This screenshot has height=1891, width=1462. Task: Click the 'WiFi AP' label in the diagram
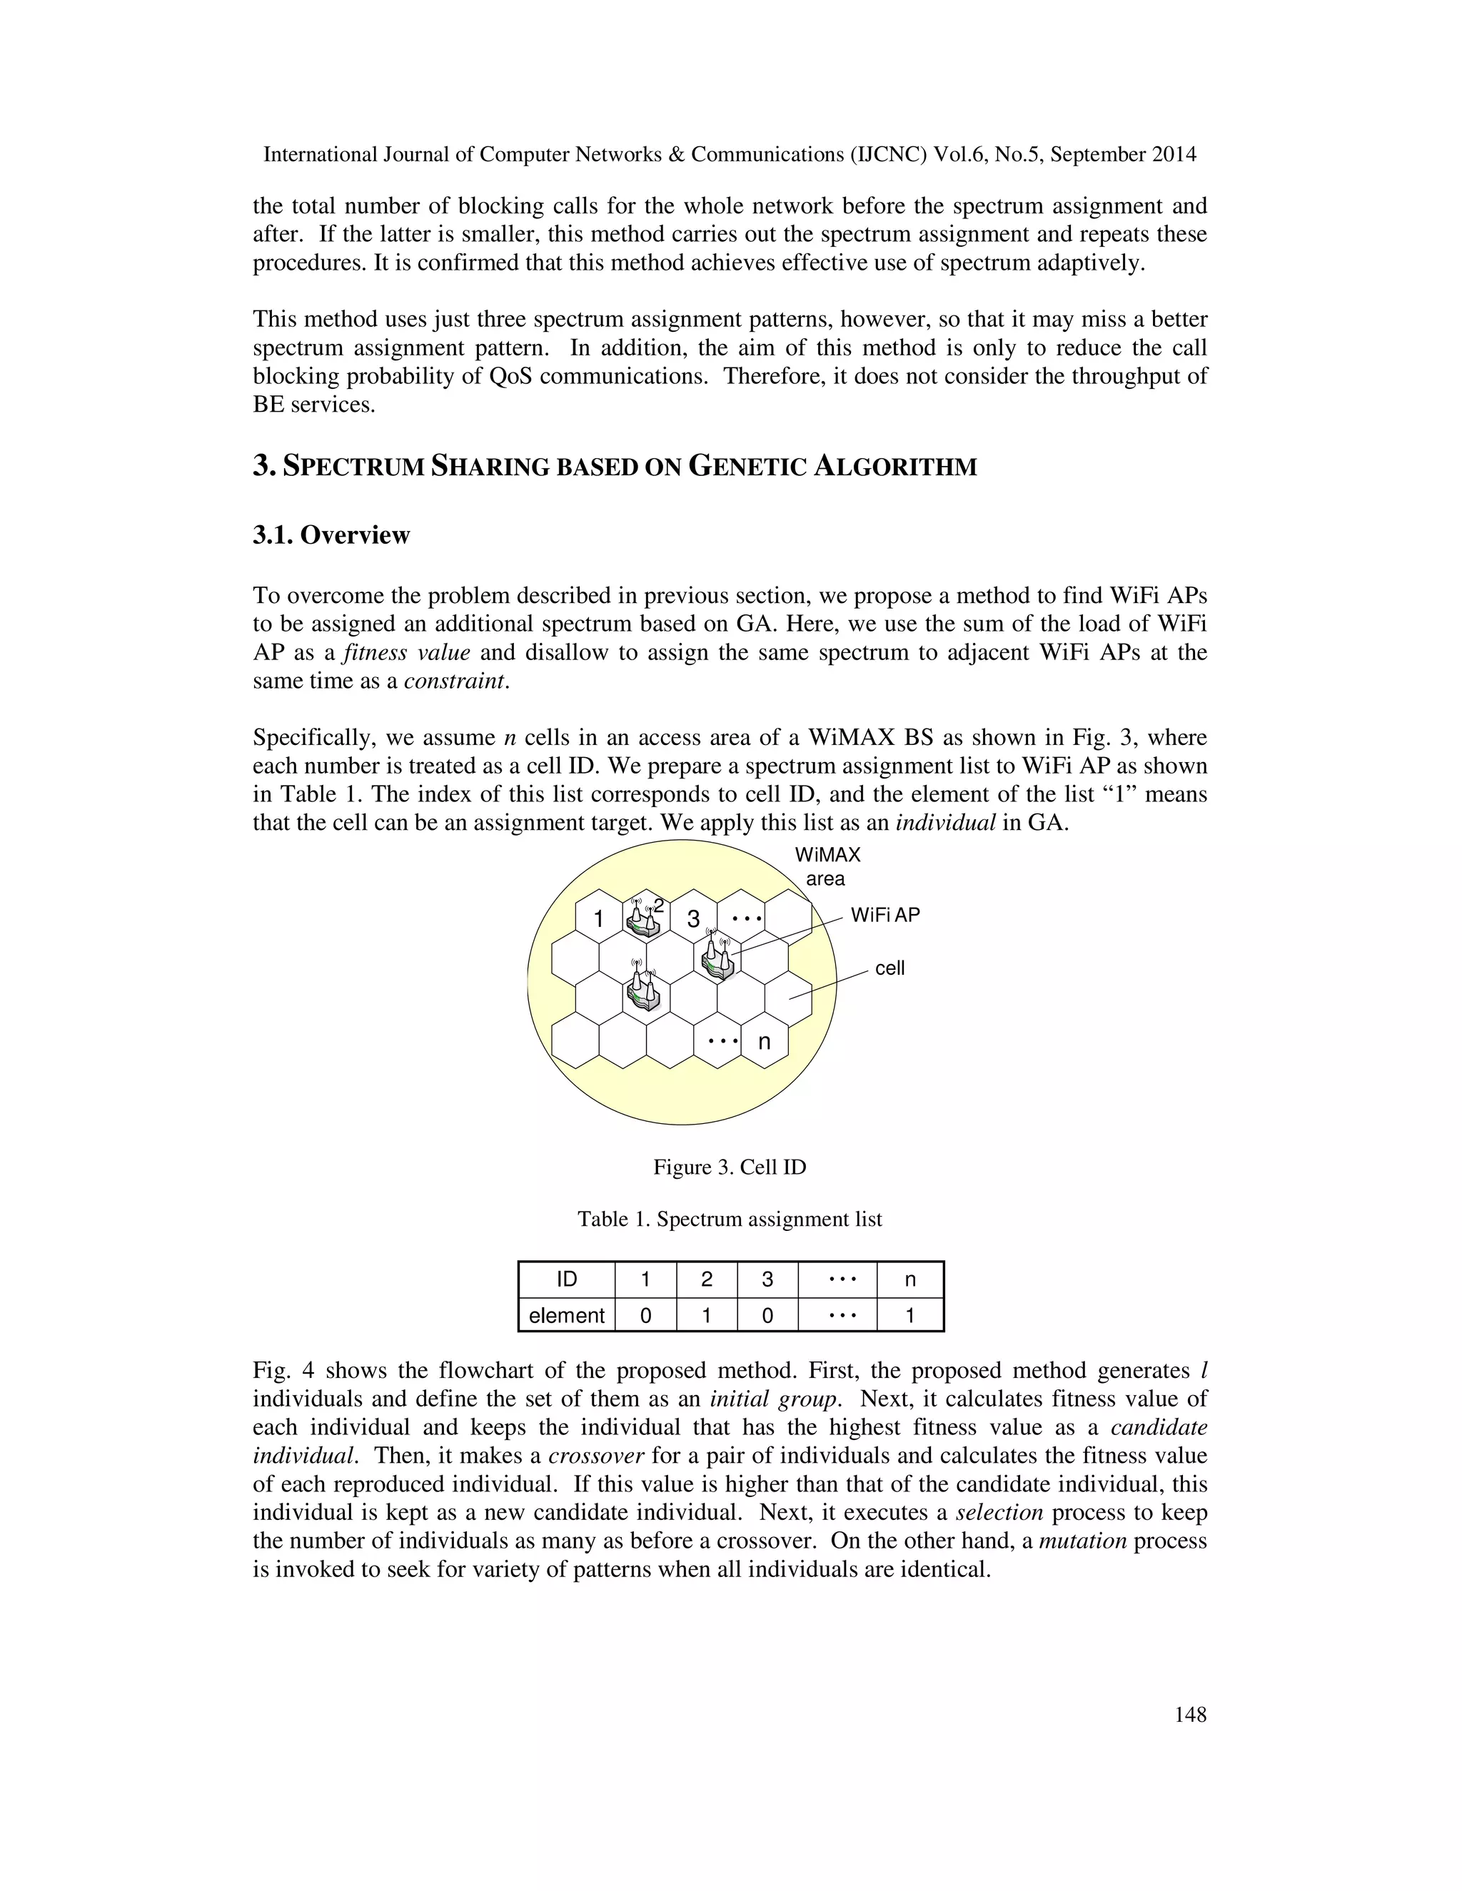coord(884,916)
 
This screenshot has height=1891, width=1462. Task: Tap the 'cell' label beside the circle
coord(889,968)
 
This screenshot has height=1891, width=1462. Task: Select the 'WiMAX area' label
coord(827,867)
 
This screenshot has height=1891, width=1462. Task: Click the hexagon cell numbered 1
coord(598,918)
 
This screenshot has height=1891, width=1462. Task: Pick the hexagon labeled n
coord(764,1042)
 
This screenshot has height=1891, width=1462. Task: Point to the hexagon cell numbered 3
coord(693,918)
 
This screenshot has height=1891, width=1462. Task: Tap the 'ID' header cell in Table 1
coord(566,1279)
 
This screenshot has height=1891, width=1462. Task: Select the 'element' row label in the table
coord(566,1315)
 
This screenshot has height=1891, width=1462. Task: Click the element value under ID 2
coord(706,1315)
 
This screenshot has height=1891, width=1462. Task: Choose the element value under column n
coord(909,1315)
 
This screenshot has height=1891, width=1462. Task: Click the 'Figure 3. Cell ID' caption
coord(730,1167)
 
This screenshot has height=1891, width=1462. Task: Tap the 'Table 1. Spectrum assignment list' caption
coord(730,1219)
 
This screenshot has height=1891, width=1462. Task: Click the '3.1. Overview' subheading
coord(331,535)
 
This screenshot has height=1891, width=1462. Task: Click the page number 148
coord(1190,1714)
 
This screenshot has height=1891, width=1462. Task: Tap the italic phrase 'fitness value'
coord(406,652)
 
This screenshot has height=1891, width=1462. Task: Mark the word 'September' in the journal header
coord(1097,154)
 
